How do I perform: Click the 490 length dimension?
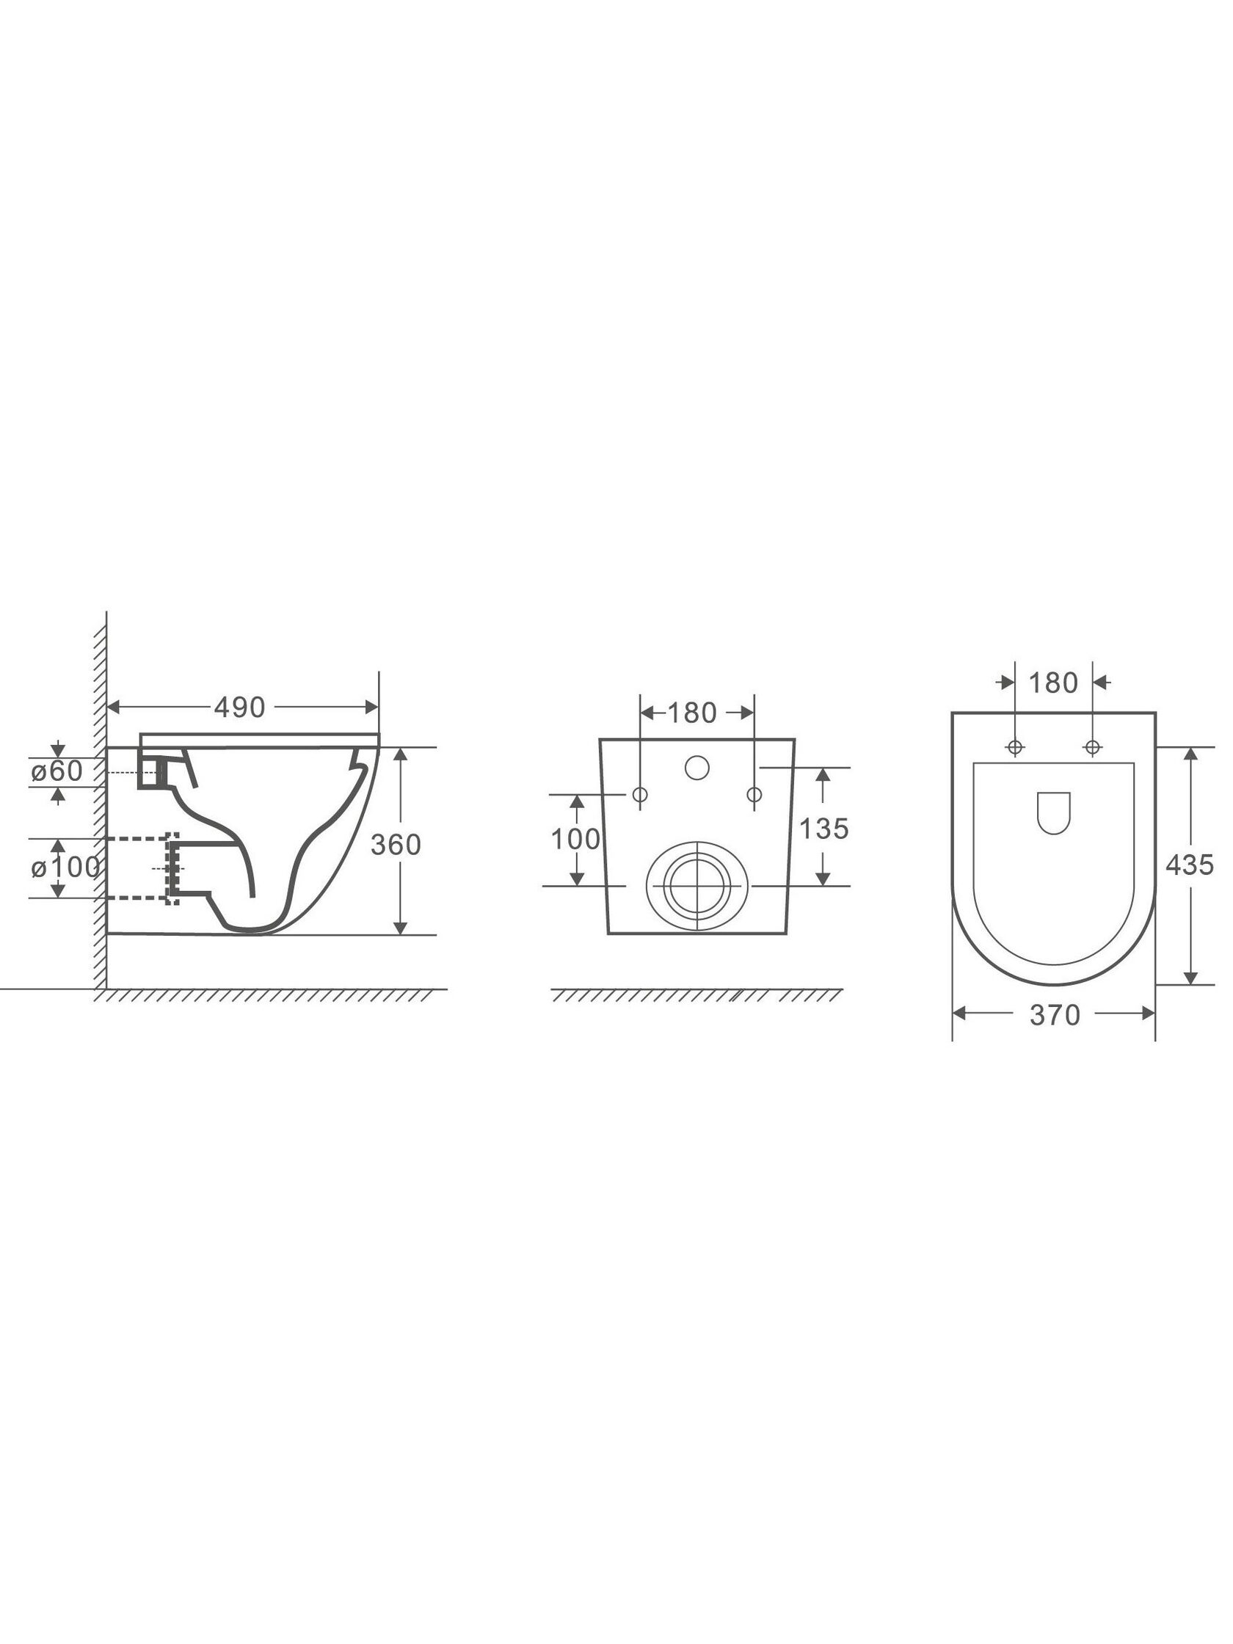point(239,708)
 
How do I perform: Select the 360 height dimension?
point(396,844)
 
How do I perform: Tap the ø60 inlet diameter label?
point(57,771)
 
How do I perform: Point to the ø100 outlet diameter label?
point(65,868)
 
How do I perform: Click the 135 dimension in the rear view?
point(823,829)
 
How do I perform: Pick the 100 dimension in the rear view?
point(575,839)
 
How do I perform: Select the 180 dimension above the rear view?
point(692,713)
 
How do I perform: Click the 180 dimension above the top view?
point(1053,683)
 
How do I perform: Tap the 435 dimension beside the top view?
point(1189,865)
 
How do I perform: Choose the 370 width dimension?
point(1055,1015)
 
